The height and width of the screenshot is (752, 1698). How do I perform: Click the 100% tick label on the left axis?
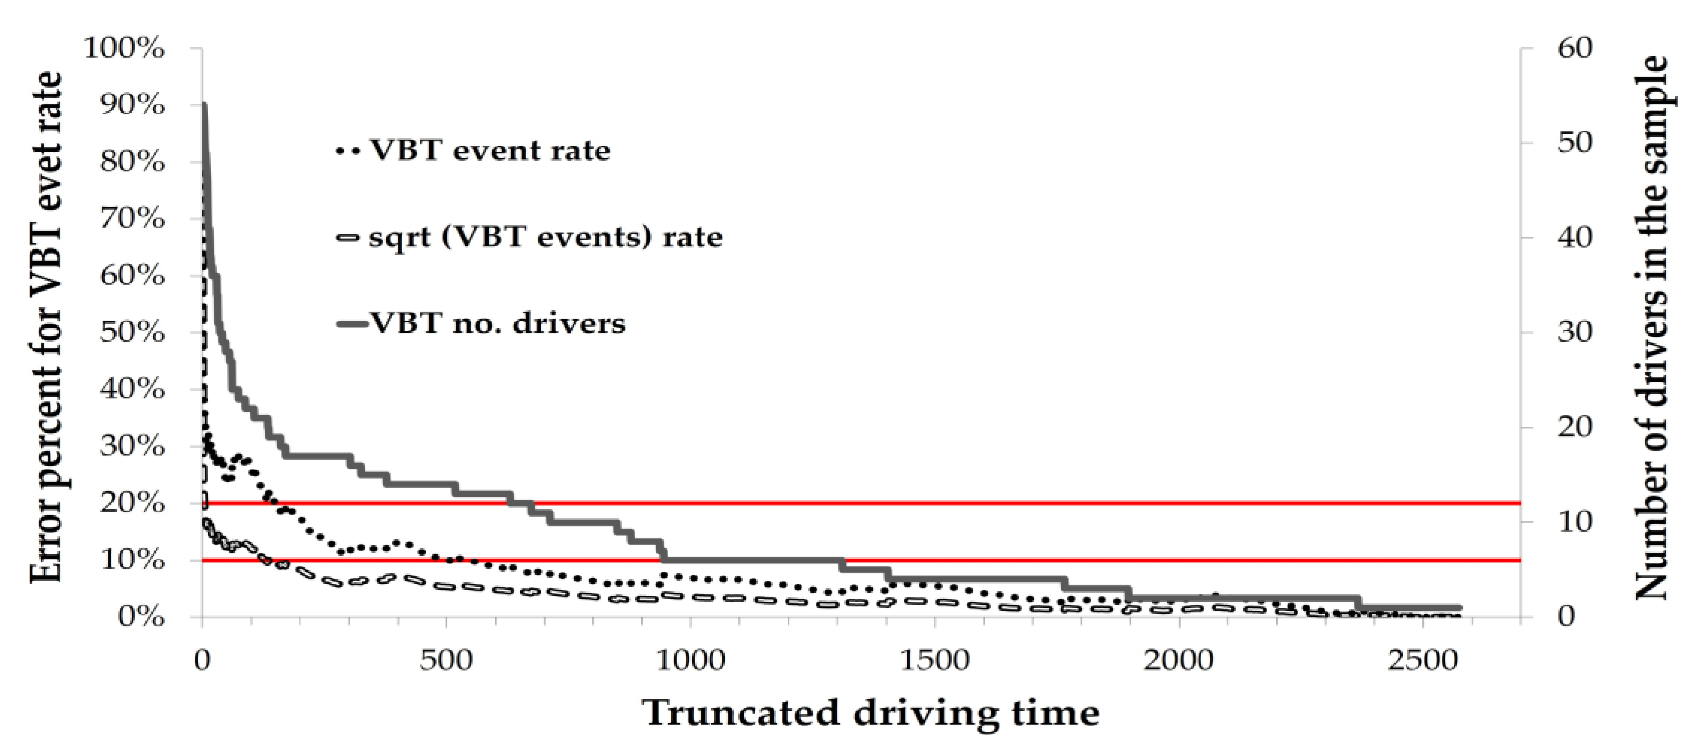[124, 49]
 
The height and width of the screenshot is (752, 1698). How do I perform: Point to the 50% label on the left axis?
[132, 333]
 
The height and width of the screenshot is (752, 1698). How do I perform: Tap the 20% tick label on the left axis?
[132, 503]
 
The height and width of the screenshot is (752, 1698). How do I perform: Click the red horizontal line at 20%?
[989, 503]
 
